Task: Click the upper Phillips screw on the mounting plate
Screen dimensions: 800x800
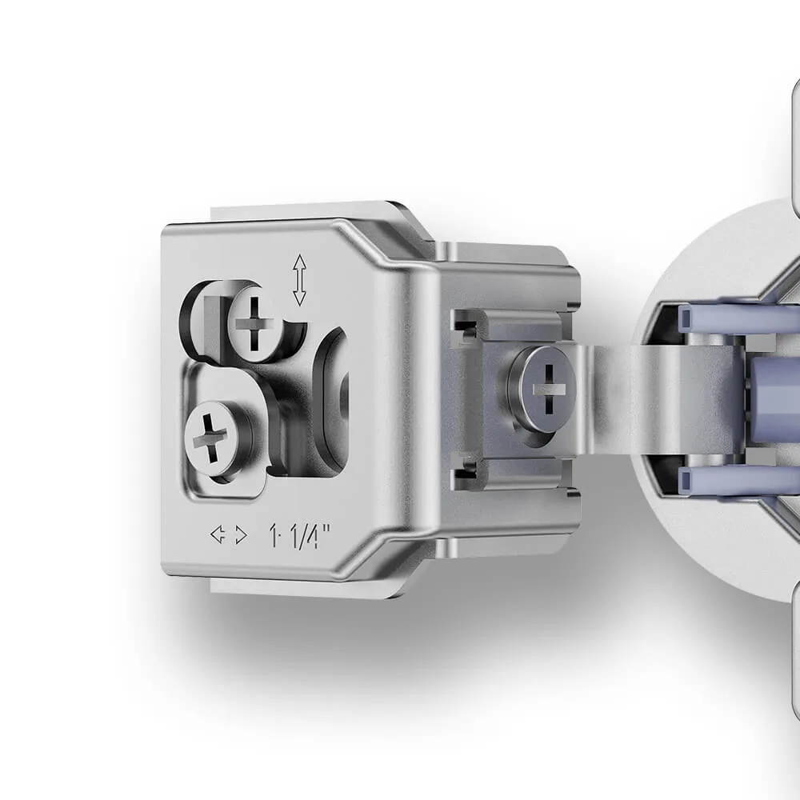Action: [254, 323]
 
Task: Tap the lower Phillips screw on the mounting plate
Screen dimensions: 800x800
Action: [210, 438]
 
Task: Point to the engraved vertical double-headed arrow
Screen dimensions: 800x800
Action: [299, 280]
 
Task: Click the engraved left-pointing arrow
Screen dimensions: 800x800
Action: [218, 534]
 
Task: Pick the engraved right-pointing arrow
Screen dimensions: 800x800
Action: [241, 535]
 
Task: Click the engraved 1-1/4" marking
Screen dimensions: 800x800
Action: [299, 536]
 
